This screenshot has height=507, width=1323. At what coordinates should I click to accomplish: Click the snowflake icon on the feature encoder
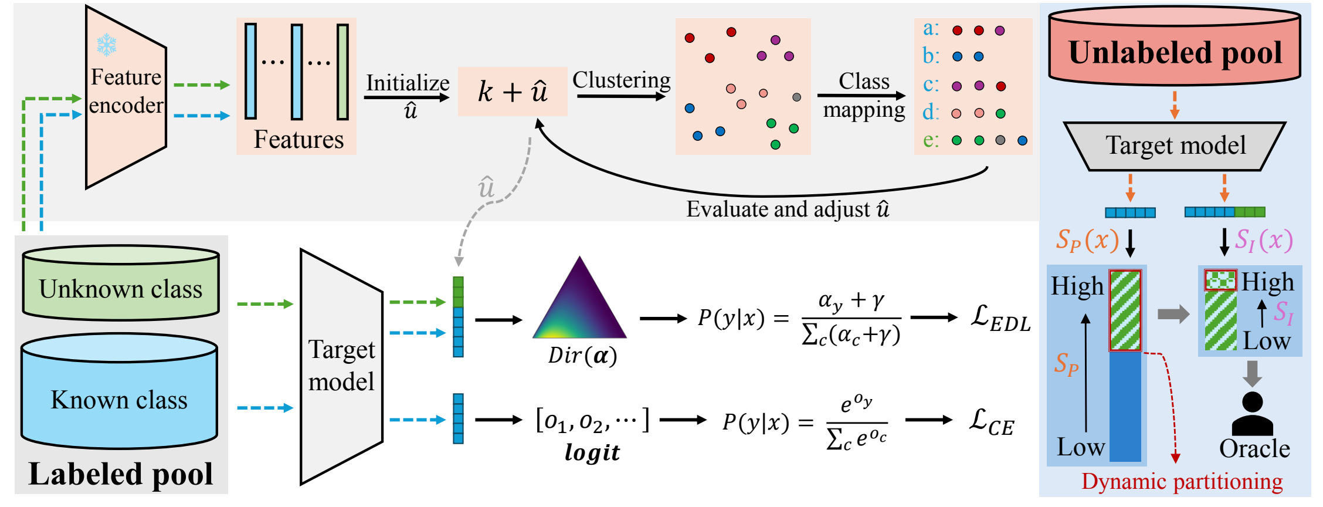pos(107,45)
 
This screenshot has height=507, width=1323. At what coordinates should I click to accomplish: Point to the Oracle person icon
pos(1253,413)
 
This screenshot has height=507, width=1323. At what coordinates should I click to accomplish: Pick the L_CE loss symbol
pos(991,423)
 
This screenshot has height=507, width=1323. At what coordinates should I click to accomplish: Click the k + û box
pos(513,92)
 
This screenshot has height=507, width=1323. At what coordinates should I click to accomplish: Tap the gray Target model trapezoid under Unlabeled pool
pos(1175,146)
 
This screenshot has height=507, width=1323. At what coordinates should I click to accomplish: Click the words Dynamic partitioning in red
pos(1182,482)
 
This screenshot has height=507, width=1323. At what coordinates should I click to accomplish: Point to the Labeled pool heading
pos(121,474)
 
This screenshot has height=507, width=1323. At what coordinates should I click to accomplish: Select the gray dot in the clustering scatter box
pos(796,97)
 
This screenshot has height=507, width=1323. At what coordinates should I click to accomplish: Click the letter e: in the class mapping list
pos(931,140)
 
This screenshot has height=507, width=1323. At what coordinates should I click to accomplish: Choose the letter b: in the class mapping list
pos(931,56)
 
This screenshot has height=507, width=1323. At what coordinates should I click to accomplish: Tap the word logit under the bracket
pos(592,452)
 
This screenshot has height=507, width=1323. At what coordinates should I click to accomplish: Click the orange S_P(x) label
pos(1087,240)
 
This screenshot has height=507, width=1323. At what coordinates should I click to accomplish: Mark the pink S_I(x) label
pos(1263,240)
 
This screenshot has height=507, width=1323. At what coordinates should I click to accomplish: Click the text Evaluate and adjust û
pos(788,209)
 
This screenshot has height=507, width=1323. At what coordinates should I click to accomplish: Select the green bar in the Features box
pos(342,72)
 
